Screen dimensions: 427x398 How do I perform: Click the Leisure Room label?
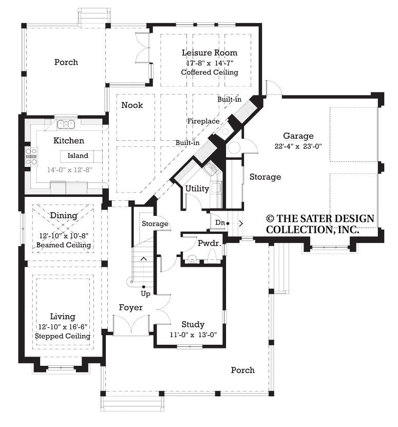[x=210, y=52]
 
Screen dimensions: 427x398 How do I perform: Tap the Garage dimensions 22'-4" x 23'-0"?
[x=298, y=146]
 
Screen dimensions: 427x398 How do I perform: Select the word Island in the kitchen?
[x=78, y=156]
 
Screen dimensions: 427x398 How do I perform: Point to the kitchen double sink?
[x=67, y=124]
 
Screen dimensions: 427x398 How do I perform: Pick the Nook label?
[x=132, y=105]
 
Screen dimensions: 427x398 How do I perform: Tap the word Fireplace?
[x=203, y=121]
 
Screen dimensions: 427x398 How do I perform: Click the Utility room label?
[x=197, y=189]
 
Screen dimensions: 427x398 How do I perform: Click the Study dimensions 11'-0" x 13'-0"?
[x=193, y=335]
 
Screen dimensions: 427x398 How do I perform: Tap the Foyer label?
[x=130, y=307]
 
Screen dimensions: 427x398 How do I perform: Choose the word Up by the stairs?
[x=146, y=294]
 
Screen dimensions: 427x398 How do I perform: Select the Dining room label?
[x=64, y=216]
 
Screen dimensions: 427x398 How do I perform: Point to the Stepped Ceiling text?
[x=63, y=336]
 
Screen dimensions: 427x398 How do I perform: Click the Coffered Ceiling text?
[x=210, y=72]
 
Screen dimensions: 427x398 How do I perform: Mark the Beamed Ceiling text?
[x=64, y=245]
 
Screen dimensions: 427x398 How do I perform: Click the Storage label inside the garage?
[x=265, y=177]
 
